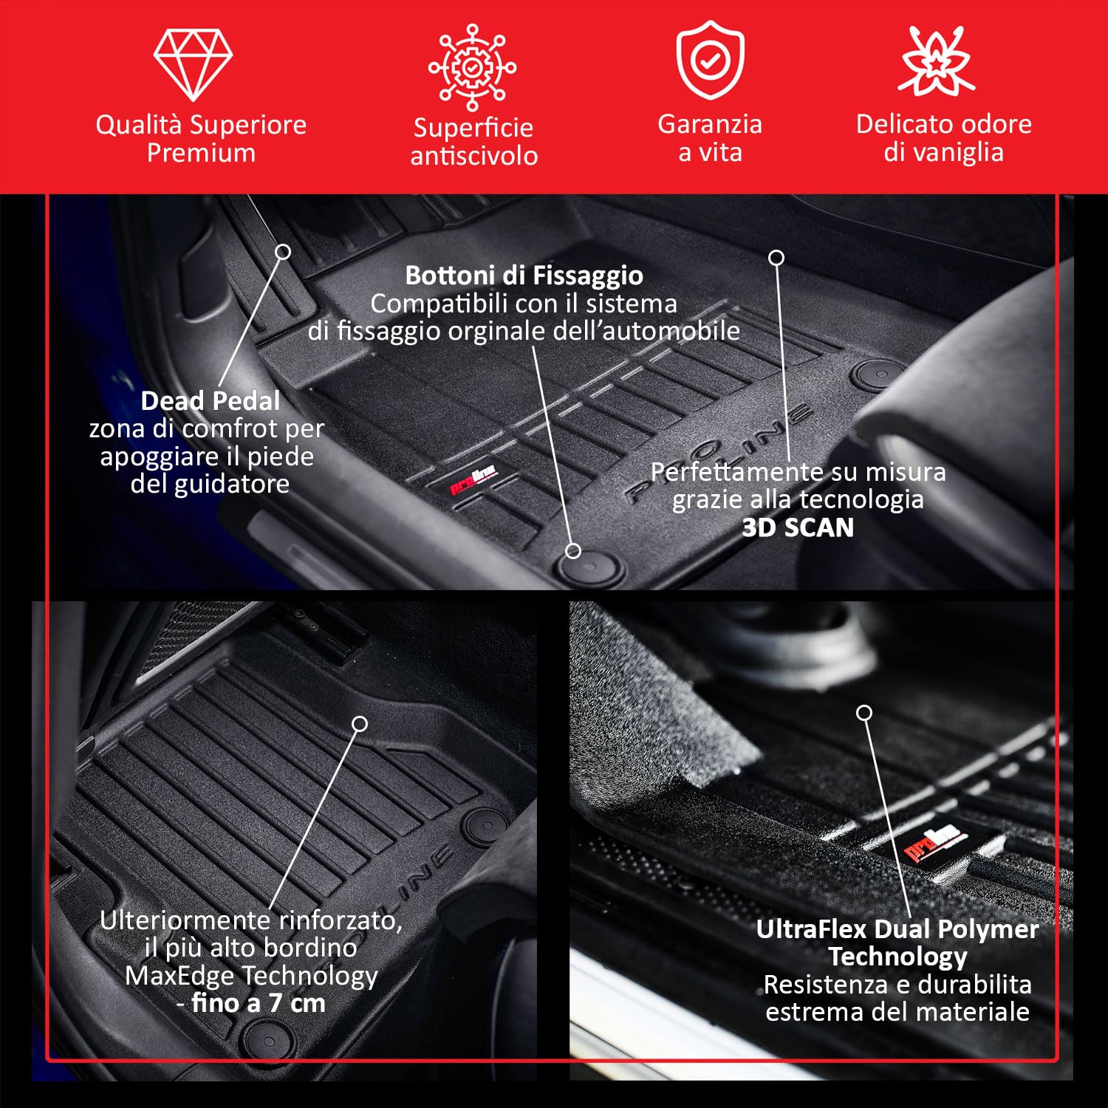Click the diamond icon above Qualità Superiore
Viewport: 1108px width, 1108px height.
pyautogui.click(x=193, y=64)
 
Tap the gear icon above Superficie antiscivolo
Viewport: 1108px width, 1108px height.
pyautogui.click(x=473, y=67)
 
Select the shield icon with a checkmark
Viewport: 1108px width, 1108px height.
pyautogui.click(x=710, y=61)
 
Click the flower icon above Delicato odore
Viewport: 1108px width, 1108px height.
pyautogui.click(x=937, y=62)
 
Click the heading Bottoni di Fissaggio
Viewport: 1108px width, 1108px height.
pyautogui.click(x=524, y=276)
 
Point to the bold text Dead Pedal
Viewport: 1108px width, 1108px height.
pyautogui.click(x=211, y=401)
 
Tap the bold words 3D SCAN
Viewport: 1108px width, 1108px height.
pyautogui.click(x=798, y=527)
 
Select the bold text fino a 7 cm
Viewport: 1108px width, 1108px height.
pyautogui.click(x=258, y=1003)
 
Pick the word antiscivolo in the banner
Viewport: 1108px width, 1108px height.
pyautogui.click(x=473, y=156)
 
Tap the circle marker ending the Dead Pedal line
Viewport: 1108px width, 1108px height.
pyautogui.click(x=283, y=252)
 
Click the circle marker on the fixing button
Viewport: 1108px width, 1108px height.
pyautogui.click(x=573, y=550)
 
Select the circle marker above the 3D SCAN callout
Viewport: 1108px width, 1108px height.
pyautogui.click(x=776, y=258)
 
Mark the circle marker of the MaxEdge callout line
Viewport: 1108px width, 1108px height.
pyautogui.click(x=360, y=724)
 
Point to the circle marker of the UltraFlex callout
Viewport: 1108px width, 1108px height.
pyautogui.click(x=864, y=713)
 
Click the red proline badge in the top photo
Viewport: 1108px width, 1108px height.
pyautogui.click(x=473, y=479)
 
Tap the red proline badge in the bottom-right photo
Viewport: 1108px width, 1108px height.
pyautogui.click(x=934, y=843)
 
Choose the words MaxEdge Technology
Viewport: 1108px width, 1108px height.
pyautogui.click(x=251, y=976)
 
